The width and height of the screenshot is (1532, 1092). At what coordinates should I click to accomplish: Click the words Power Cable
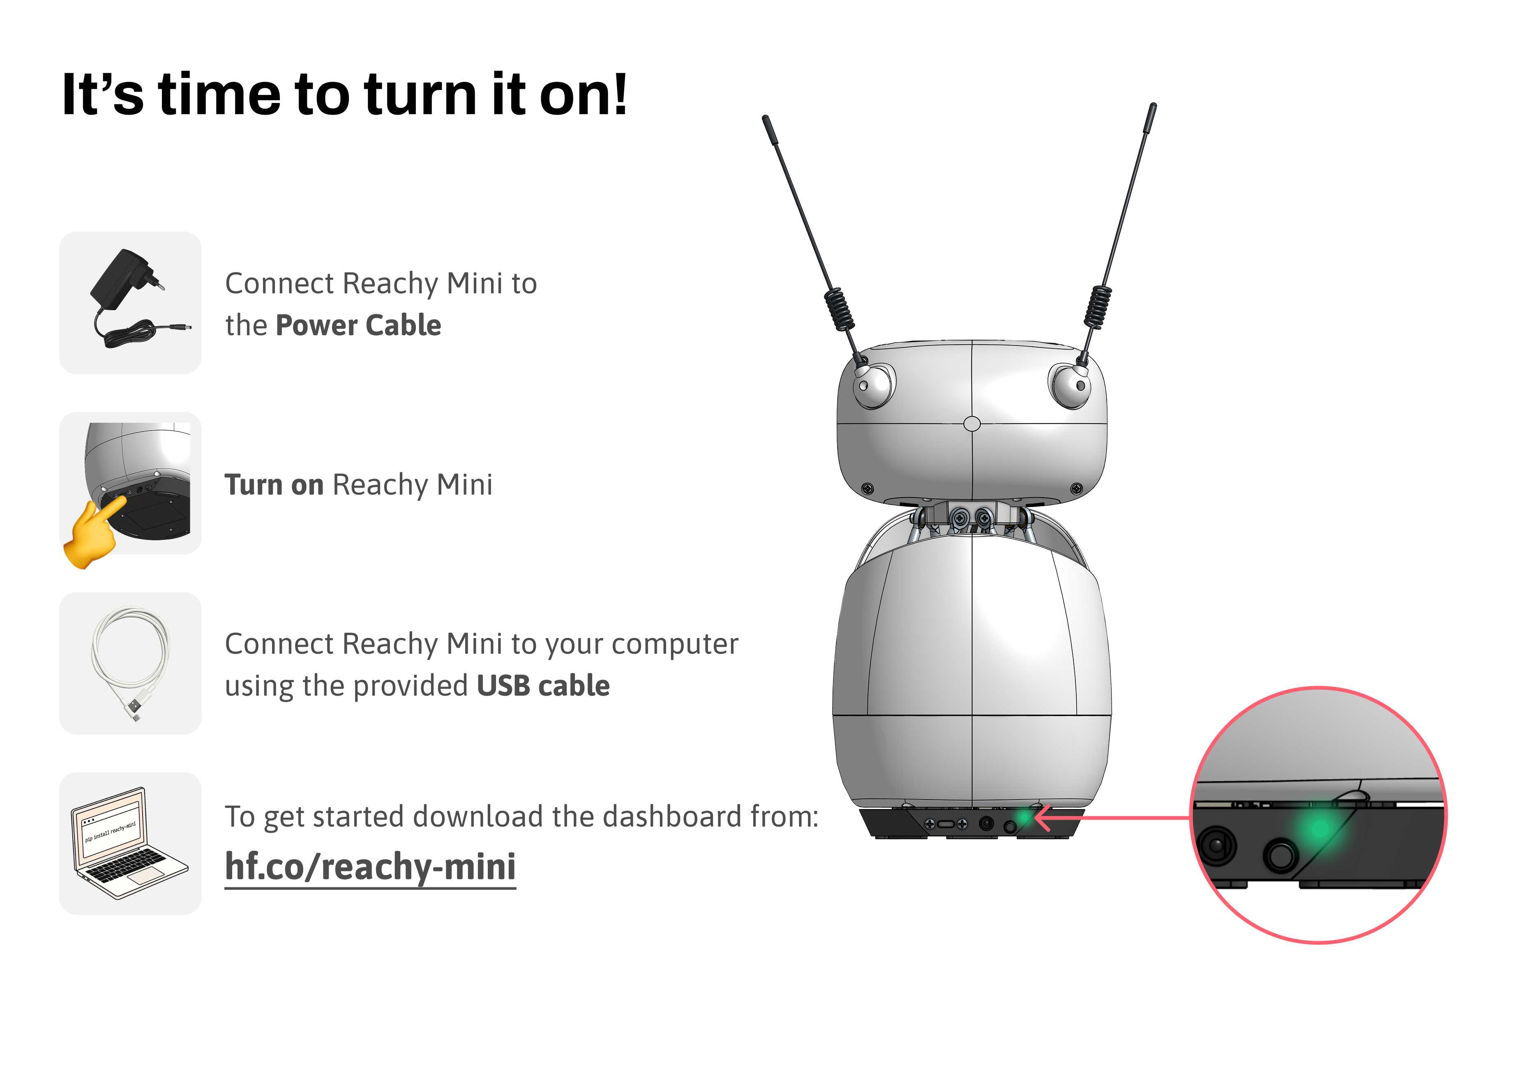[358, 325]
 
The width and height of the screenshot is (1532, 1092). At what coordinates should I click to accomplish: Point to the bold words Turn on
[274, 485]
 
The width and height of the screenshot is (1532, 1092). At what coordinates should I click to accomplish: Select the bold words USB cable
[543, 686]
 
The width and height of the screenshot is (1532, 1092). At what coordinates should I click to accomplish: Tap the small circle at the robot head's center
[972, 424]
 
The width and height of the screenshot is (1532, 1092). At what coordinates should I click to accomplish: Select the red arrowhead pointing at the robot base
[1044, 818]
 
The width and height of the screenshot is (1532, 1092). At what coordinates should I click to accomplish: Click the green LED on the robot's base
[1024, 818]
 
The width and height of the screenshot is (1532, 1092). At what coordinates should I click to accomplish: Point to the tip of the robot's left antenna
[765, 119]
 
